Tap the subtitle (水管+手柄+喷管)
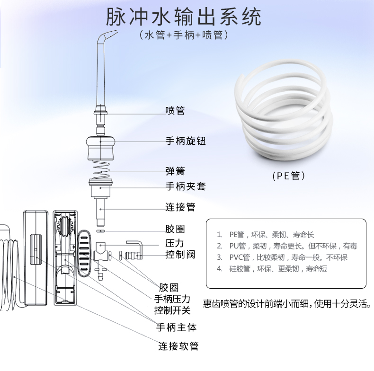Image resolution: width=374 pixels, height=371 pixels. click(185, 35)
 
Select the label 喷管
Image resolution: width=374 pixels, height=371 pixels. click(175, 111)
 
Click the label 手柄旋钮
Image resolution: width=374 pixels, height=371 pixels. click(186, 141)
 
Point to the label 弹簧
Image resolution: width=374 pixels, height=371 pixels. click(175, 171)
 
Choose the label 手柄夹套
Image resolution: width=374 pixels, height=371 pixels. click(186, 186)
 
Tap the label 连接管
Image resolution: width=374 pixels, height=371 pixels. click(180, 207)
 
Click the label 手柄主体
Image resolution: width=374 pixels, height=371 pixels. click(177, 327)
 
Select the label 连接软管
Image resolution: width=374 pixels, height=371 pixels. click(178, 346)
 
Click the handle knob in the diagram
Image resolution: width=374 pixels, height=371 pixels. click(100, 148)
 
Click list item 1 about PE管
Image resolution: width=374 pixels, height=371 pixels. click(269, 235)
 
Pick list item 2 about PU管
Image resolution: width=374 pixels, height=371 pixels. click(287, 246)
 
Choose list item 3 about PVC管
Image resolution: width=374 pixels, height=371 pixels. click(282, 257)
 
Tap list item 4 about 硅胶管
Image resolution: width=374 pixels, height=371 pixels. click(272, 269)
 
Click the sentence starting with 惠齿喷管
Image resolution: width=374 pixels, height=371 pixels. click(287, 303)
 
